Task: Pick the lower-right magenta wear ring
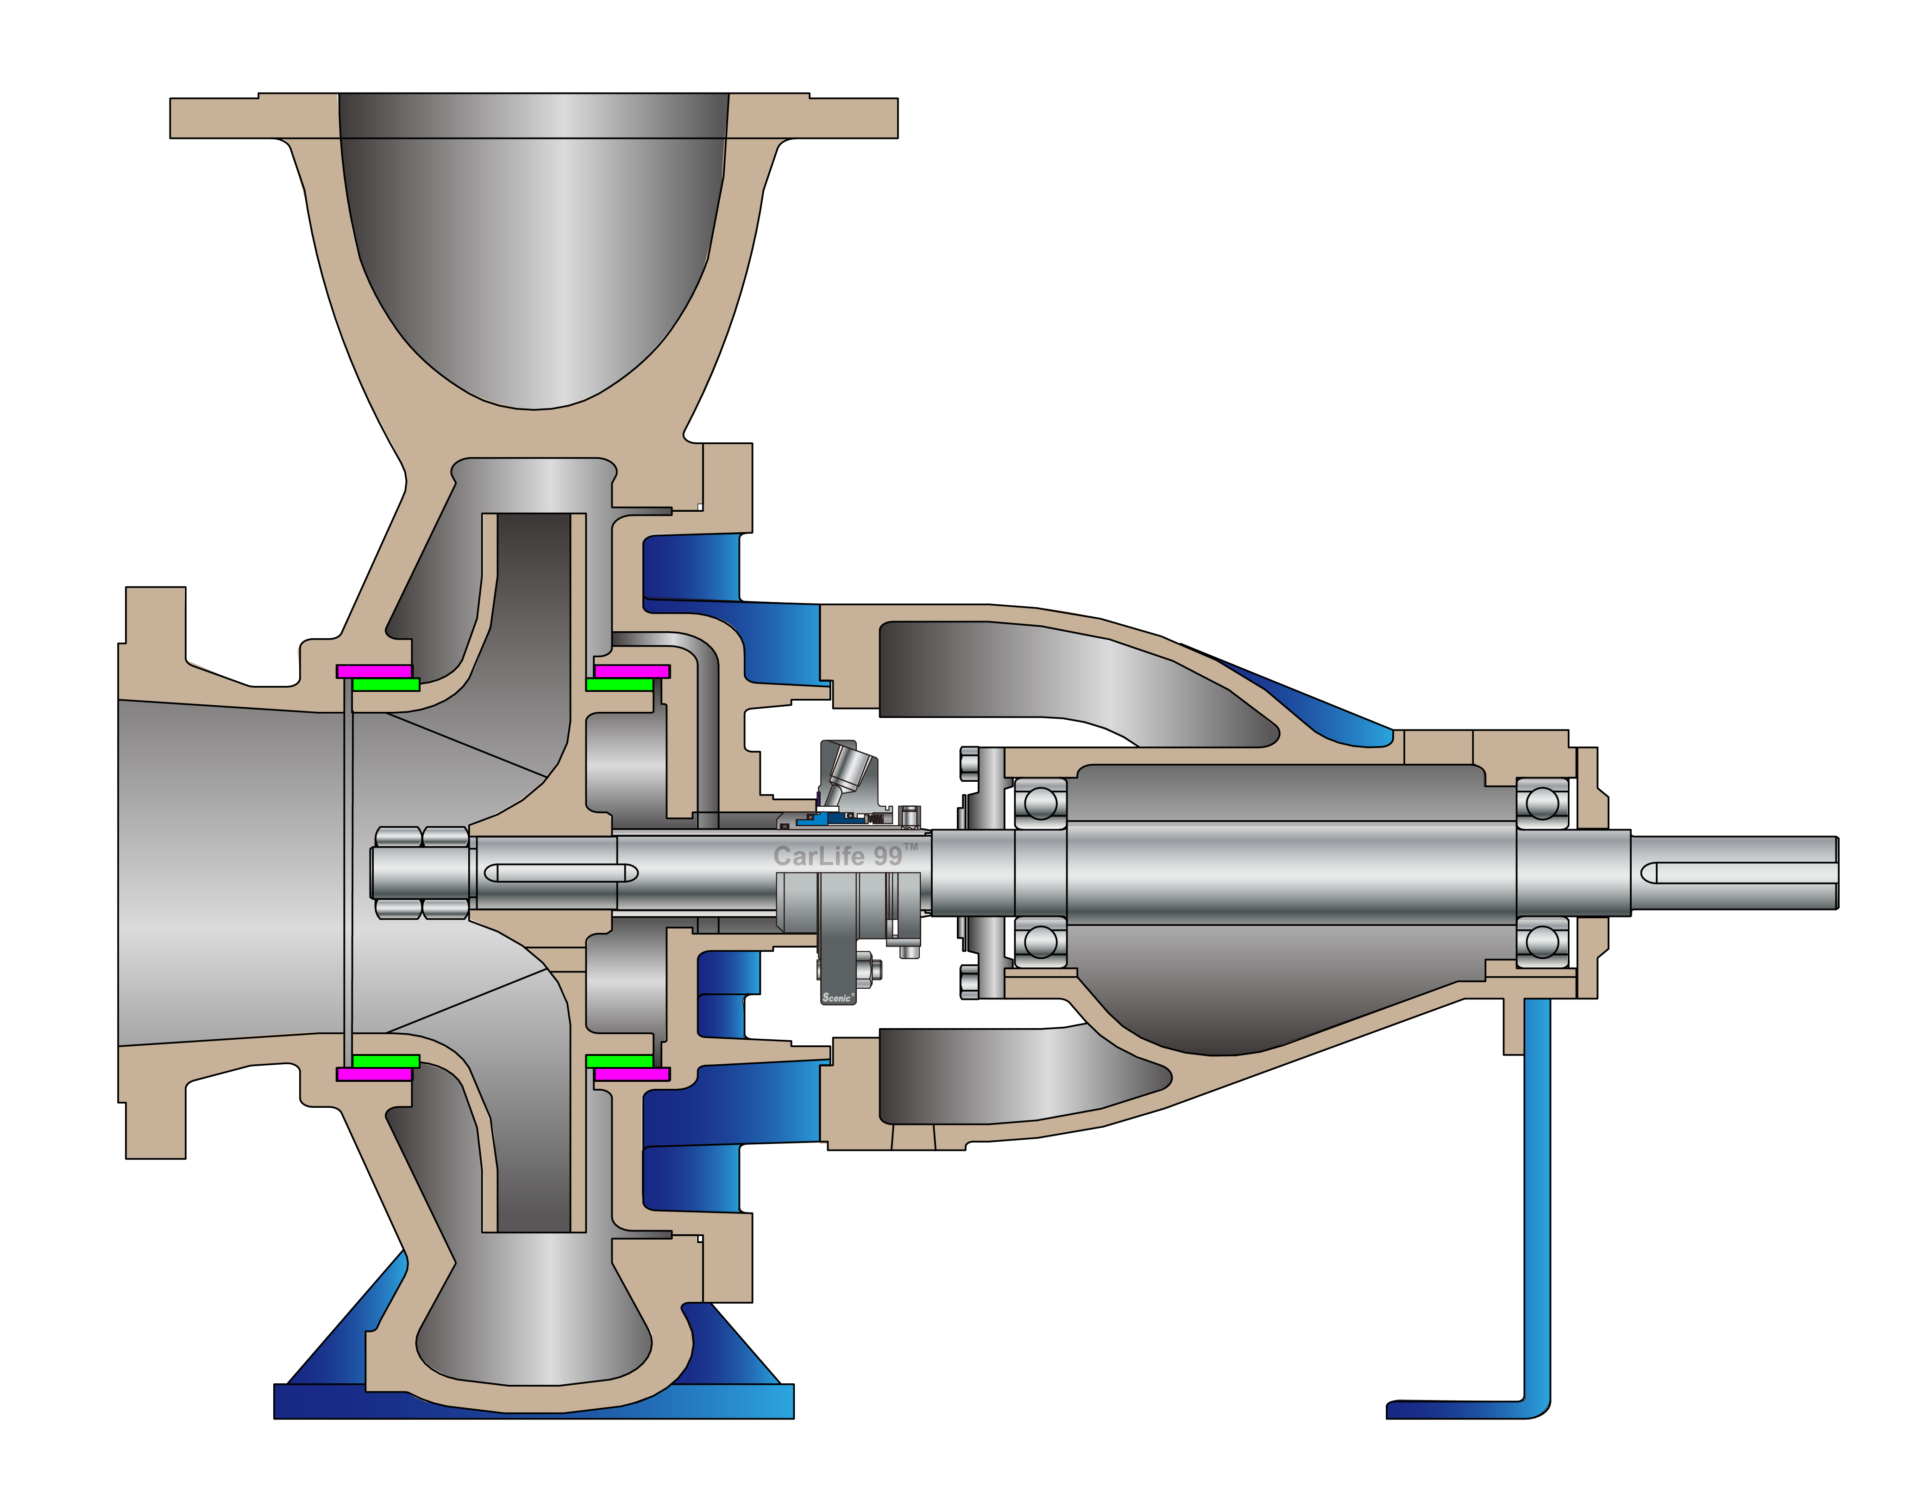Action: tap(632, 1074)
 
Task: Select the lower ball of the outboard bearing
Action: tap(1542, 942)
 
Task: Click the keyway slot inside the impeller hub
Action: tap(561, 873)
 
